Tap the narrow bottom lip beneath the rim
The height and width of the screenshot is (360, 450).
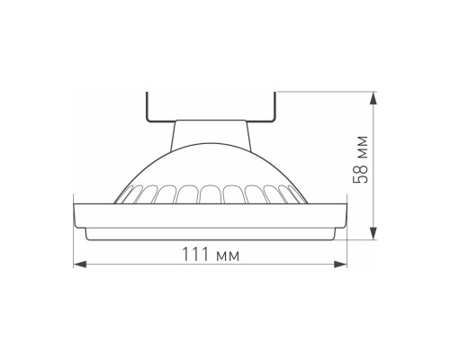[x=211, y=234]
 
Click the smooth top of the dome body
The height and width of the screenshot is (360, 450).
[x=211, y=166]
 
